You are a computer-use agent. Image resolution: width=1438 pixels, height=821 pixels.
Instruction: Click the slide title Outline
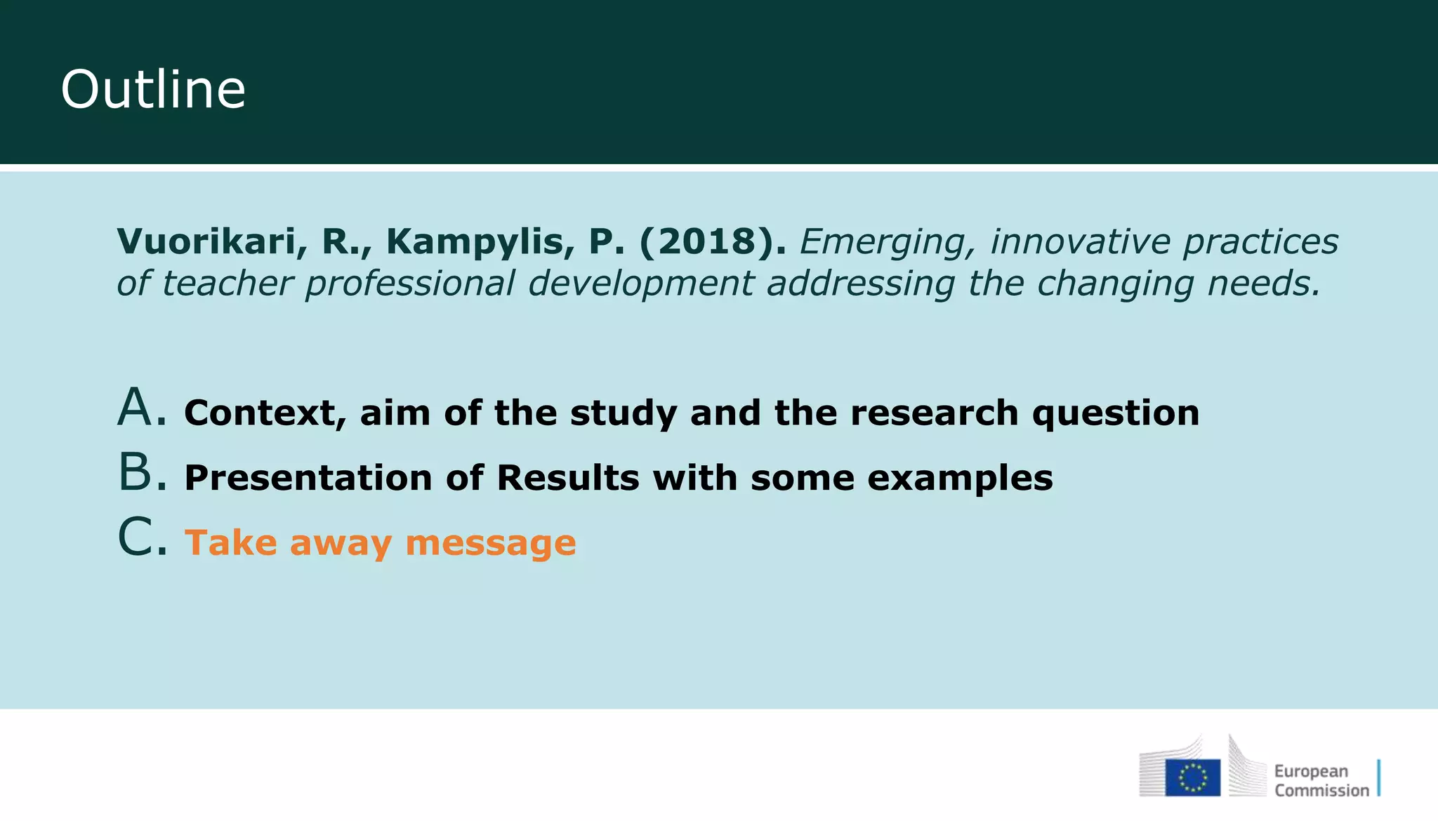click(153, 90)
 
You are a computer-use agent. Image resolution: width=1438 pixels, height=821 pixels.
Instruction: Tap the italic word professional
click(410, 284)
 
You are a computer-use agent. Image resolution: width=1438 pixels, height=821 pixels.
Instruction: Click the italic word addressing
click(860, 284)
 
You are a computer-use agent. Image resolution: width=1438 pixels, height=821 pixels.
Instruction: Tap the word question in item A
click(1116, 414)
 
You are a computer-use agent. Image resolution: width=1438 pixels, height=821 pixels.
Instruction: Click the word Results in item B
click(567, 478)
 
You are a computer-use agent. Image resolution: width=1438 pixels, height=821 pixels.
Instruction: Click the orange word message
click(491, 544)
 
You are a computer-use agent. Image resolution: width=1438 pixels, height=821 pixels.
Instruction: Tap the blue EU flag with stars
click(1192, 777)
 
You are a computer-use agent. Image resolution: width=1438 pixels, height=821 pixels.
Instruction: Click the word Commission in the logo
click(1321, 791)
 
